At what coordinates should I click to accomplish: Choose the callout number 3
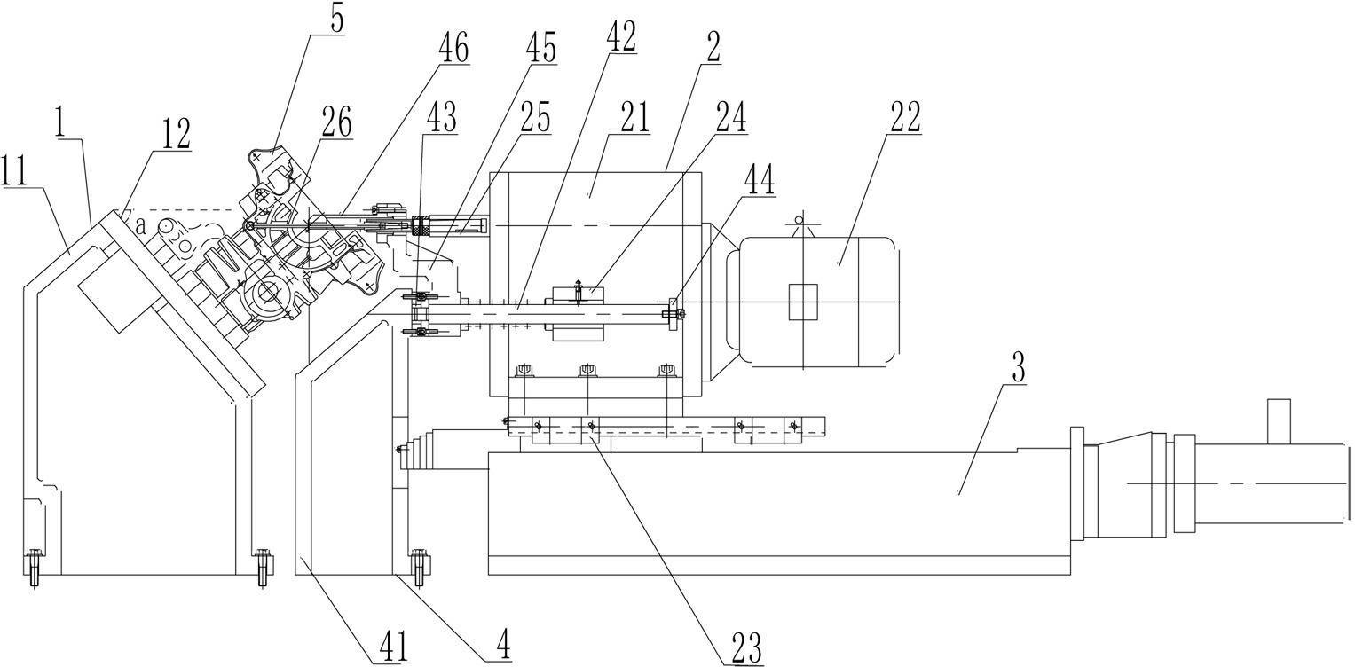1020,367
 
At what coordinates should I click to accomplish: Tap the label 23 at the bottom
746,647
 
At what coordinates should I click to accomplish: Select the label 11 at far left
15,171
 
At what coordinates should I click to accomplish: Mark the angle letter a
142,226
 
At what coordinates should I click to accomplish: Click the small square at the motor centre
803,302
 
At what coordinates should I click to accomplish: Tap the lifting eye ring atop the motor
800,219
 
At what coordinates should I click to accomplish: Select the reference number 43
440,117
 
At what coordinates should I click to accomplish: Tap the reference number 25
533,117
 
